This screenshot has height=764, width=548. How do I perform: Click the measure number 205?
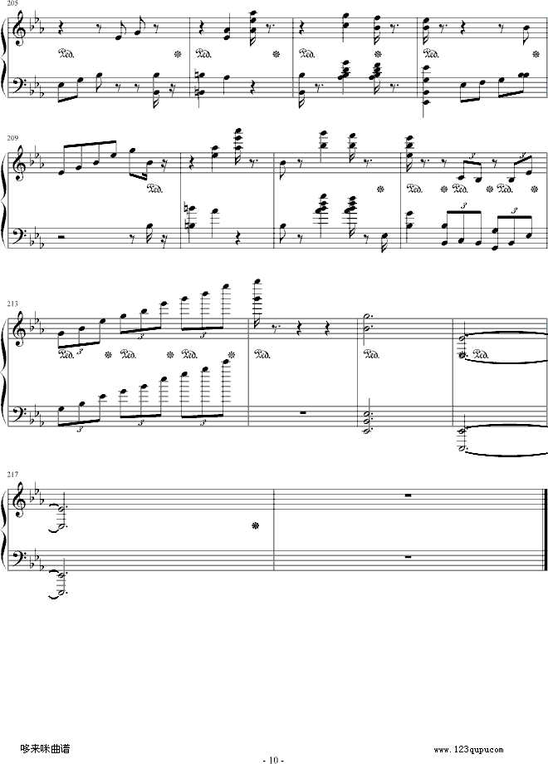[x=12, y=3]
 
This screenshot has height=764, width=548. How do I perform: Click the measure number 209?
[x=12, y=138]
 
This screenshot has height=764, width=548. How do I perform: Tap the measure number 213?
[x=12, y=303]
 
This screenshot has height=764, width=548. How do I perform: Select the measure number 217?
[x=12, y=474]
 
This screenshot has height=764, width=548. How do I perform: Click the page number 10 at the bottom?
[x=273, y=760]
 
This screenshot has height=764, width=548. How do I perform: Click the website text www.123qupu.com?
[x=468, y=749]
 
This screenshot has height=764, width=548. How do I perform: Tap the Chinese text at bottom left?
[x=46, y=748]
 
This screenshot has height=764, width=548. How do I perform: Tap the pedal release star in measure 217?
[x=254, y=525]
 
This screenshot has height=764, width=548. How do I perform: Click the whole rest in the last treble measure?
[x=408, y=495]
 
